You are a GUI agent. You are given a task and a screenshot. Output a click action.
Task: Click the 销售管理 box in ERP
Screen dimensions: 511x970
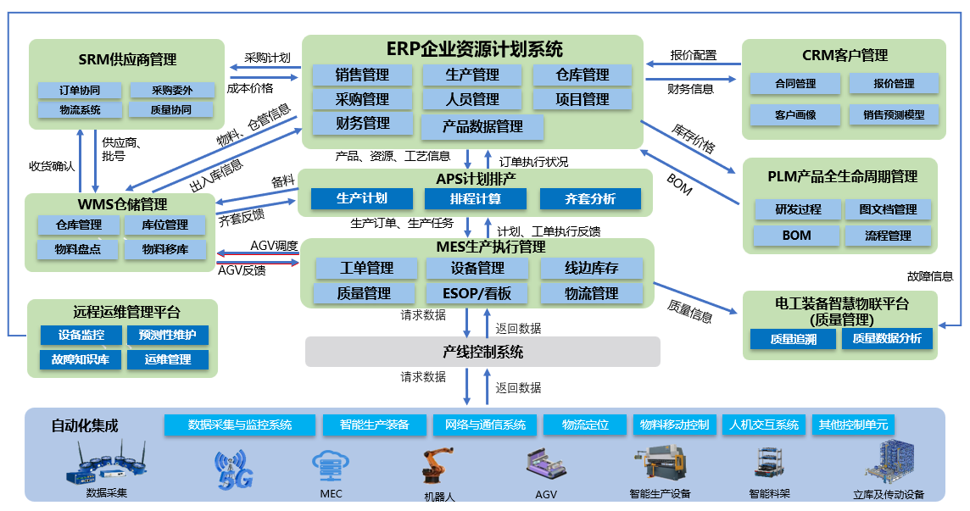click(x=363, y=75)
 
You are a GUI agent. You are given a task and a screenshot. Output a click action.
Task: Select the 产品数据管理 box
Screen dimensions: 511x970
click(x=482, y=127)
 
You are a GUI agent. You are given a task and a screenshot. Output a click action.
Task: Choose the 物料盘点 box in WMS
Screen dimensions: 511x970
click(x=78, y=249)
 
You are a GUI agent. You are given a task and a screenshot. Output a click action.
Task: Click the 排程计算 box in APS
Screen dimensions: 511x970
click(x=475, y=199)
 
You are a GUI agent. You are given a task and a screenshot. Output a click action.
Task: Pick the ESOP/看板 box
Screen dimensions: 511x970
click(x=476, y=293)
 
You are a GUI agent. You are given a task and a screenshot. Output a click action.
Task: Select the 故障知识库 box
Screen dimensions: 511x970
click(x=80, y=359)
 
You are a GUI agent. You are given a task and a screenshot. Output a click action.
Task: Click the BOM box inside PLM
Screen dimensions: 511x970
click(x=796, y=235)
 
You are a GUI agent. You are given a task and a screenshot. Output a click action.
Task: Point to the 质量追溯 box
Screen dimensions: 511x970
click(x=794, y=339)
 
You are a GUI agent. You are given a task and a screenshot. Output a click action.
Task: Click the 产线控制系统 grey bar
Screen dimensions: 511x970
click(x=482, y=352)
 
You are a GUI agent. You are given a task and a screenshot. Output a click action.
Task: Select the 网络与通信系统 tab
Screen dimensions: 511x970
click(x=480, y=425)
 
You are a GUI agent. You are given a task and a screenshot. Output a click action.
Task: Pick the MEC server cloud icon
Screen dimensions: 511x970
click(x=331, y=466)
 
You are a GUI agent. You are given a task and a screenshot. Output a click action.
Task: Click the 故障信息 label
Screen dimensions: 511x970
click(x=930, y=276)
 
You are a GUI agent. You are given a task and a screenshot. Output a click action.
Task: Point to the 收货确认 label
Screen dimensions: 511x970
click(x=52, y=165)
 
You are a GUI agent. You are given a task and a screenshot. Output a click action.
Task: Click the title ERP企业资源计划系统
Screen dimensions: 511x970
click(x=473, y=49)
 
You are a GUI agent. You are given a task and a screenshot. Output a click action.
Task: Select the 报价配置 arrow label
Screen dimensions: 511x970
click(x=693, y=56)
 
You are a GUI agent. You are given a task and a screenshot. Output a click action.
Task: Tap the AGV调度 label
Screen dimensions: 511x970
click(x=274, y=246)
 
